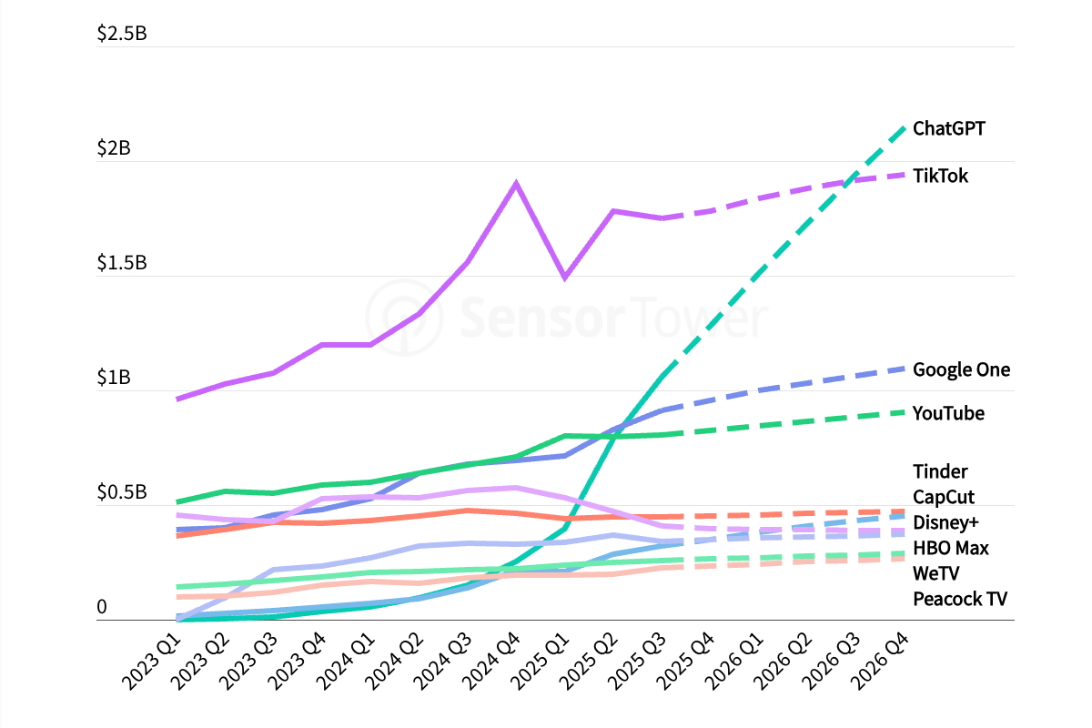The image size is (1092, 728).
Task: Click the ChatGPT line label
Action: click(948, 128)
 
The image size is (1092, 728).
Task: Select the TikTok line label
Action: click(940, 176)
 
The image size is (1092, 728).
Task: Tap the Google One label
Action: click(961, 369)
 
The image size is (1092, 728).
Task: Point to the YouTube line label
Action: click(948, 413)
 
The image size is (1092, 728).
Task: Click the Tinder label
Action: click(940, 471)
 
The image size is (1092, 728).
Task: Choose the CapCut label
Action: click(944, 497)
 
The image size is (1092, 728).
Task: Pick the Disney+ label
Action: click(945, 522)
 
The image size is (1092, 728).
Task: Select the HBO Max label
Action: click(950, 548)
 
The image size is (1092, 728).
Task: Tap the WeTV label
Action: click(935, 573)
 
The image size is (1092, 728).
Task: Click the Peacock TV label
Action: click(960, 599)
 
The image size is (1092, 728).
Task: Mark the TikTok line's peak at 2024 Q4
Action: click(516, 184)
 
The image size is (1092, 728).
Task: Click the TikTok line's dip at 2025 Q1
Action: click(565, 277)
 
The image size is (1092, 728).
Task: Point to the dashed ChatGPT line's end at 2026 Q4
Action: click(904, 127)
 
